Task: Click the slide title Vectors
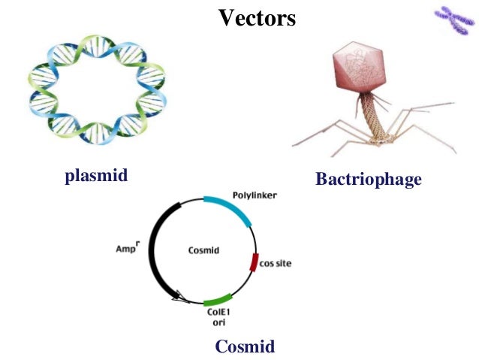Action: click(257, 17)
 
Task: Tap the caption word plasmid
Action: click(96, 176)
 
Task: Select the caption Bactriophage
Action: click(368, 180)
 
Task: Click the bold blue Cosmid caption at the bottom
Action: click(245, 346)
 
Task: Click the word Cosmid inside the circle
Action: click(203, 250)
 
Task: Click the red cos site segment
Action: click(253, 263)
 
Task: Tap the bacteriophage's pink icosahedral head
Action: click(358, 73)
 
